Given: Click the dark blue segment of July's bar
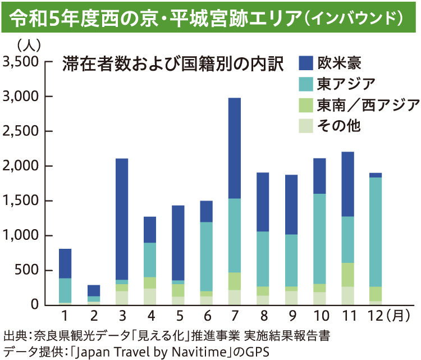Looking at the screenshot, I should (x=234, y=148).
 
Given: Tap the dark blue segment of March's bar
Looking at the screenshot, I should (x=121, y=219).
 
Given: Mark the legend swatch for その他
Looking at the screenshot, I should (x=306, y=126).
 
